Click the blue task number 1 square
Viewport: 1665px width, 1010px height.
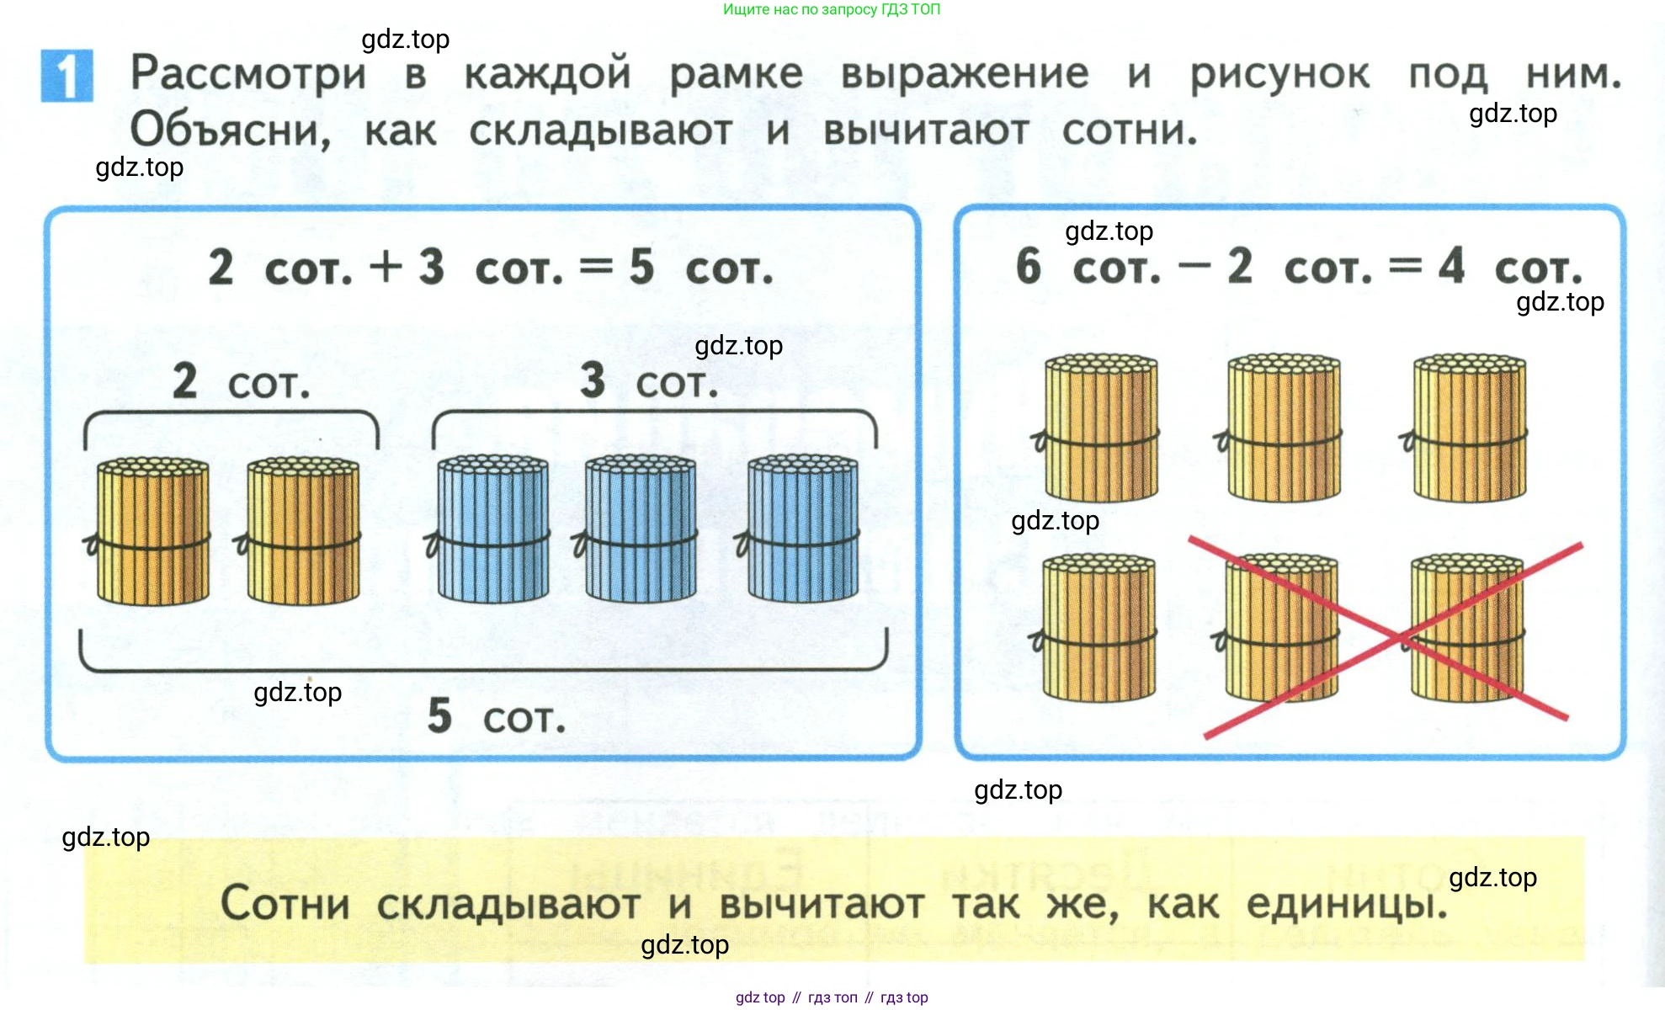pyautogui.click(x=66, y=76)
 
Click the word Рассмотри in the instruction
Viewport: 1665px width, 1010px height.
pyautogui.click(x=248, y=74)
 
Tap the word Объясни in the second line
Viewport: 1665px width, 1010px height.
pyautogui.click(x=230, y=130)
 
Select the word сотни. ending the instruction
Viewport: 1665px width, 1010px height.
pyautogui.click(x=1129, y=130)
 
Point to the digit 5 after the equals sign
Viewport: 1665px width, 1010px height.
pyautogui.click(x=641, y=267)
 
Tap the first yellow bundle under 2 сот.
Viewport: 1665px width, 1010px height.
pyautogui.click(x=152, y=532)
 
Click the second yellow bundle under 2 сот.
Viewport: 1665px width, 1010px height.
pyautogui.click(x=302, y=532)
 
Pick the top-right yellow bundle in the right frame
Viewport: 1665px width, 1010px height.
pyautogui.click(x=1469, y=428)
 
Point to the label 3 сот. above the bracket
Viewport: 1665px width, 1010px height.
pyautogui.click(x=649, y=381)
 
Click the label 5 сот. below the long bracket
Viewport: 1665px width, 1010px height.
pyautogui.click(x=497, y=716)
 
